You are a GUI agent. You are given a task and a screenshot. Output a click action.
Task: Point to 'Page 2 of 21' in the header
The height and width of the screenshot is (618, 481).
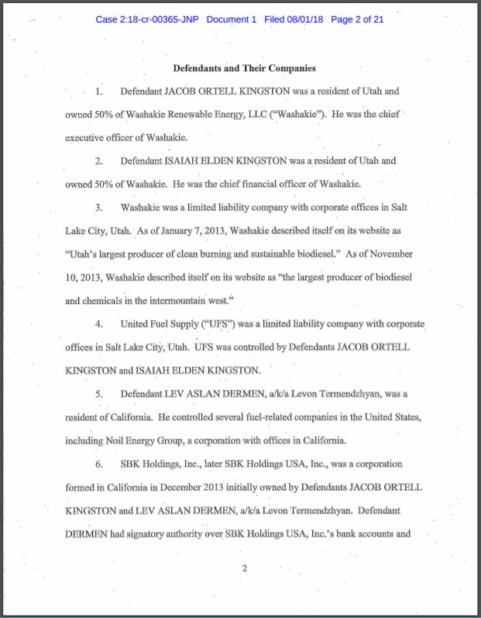point(358,19)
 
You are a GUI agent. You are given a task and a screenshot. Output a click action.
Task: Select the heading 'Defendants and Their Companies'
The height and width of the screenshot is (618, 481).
point(244,67)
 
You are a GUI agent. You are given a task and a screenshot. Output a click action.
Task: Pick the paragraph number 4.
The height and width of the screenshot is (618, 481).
point(98,323)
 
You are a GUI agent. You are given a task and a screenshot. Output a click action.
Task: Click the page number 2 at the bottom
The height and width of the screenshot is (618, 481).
point(244,568)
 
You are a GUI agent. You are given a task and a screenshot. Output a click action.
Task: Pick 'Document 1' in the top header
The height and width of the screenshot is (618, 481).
point(231,19)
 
